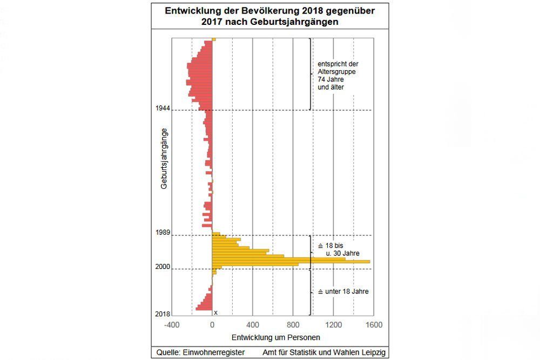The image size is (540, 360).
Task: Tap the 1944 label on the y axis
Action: (163, 108)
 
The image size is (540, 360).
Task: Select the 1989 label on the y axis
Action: (163, 233)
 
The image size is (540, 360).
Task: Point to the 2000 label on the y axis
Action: (163, 267)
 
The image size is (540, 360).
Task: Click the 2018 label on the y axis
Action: (163, 314)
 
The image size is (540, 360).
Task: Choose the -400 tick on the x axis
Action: (171, 325)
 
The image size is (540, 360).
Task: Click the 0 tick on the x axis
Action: (212, 325)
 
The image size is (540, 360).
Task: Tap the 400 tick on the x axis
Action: (252, 325)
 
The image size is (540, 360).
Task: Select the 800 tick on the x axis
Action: (293, 325)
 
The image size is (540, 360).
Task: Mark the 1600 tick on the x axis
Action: (374, 325)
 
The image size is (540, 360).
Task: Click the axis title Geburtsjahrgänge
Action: (164, 158)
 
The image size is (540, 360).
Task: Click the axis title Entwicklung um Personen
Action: (275, 337)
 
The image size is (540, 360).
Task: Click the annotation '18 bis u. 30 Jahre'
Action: (339, 249)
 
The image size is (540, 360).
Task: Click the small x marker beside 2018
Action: (215, 313)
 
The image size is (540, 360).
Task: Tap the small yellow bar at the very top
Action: (214, 39)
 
